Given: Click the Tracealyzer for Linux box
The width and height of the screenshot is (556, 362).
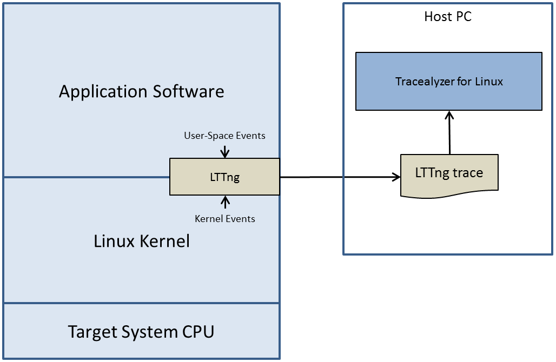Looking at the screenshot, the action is (448, 81).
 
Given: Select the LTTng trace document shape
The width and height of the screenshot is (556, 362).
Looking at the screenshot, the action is (449, 176).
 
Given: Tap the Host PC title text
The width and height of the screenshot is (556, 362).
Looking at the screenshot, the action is (448, 17).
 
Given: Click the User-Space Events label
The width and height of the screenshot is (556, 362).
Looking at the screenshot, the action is (224, 136).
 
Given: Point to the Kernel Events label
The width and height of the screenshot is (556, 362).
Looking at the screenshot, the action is (225, 219).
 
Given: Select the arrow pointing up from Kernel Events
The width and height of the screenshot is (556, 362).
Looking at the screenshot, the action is (225, 203).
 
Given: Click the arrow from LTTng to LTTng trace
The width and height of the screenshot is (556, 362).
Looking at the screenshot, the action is (340, 177).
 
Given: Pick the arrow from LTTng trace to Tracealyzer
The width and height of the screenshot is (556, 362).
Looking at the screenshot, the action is (449, 132).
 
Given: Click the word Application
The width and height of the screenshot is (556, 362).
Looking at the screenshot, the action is (103, 92).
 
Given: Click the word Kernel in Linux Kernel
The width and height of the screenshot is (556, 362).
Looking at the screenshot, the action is (164, 241).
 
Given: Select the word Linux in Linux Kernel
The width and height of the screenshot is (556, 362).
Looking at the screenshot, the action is (114, 241).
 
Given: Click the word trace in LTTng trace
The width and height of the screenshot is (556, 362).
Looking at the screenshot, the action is (468, 173).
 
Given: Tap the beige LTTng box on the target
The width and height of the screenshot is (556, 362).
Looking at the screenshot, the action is (225, 177).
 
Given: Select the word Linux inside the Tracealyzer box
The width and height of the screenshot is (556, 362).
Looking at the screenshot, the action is (489, 82).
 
